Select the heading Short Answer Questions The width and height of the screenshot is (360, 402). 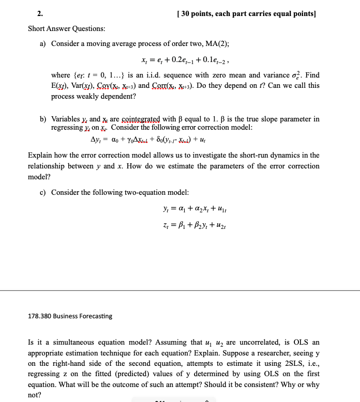pos(66,28)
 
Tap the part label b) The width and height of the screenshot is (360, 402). pos(43,119)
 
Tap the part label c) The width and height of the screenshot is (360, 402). pos(43,192)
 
